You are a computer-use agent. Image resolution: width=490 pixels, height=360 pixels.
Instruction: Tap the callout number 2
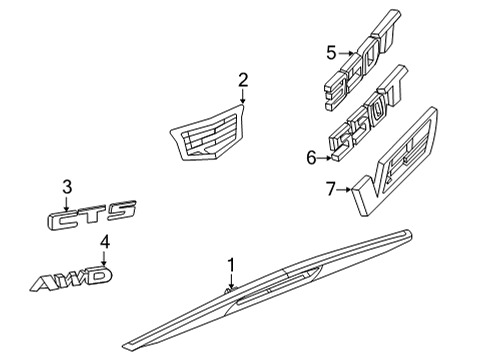pos(242,79)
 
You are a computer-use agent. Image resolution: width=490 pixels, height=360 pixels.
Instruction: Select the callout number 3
pos(67,186)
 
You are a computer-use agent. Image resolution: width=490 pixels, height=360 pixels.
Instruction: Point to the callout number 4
pos(104,243)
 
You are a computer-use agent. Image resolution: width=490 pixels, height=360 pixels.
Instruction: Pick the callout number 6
pos(310,156)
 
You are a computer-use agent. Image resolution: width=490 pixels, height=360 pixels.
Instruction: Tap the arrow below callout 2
pos(242,97)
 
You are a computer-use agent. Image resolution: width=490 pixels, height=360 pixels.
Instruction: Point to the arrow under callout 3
pos(67,201)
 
